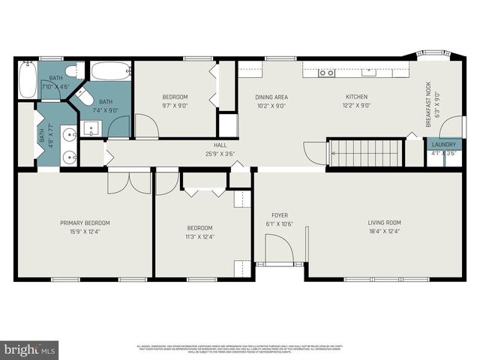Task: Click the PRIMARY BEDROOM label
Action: point(85,223)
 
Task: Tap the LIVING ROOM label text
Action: point(384,223)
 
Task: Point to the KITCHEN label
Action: point(357,97)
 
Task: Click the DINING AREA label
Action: point(271,97)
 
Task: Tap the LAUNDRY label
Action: point(443,144)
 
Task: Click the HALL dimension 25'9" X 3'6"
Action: point(220,154)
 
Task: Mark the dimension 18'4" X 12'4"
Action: point(384,232)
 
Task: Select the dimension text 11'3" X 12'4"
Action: point(199,237)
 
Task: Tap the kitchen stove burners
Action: point(326,73)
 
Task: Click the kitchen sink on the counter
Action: point(368,73)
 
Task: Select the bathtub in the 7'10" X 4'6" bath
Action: point(28,80)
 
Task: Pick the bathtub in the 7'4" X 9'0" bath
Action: point(112,72)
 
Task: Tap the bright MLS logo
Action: point(30,349)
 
